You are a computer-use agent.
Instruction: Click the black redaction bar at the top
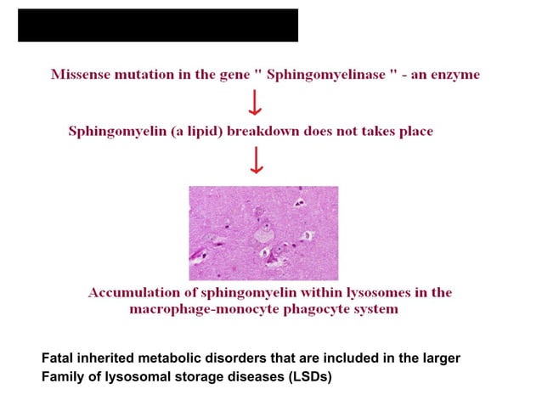(x=158, y=25)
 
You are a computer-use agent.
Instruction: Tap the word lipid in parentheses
(x=205, y=132)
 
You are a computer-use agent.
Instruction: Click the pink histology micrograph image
(x=263, y=233)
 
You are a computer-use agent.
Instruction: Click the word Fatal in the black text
(x=55, y=358)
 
